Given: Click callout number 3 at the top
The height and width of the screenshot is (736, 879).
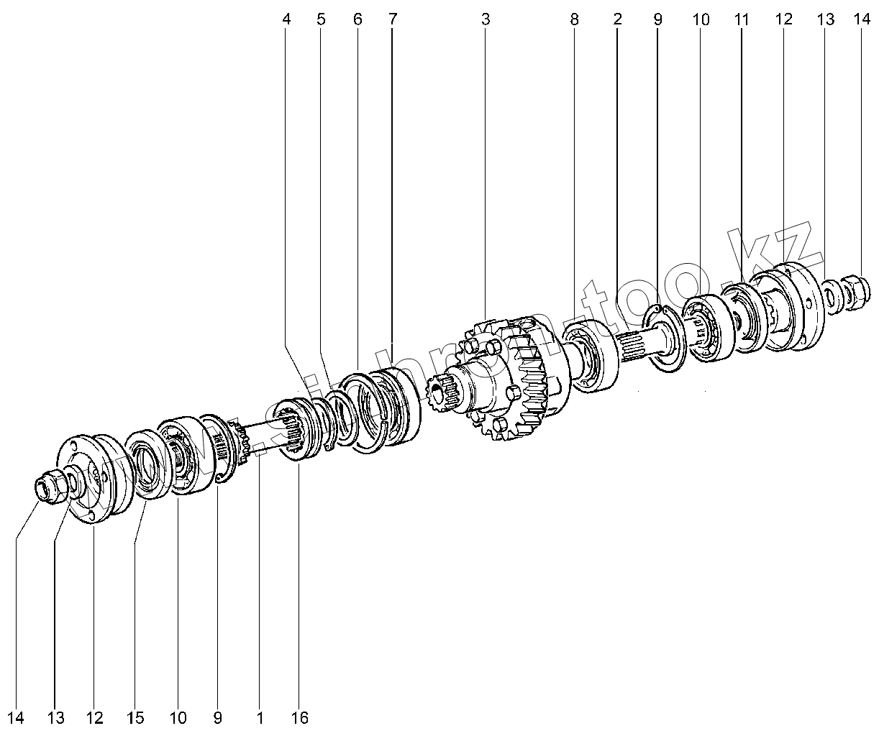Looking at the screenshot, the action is click(x=486, y=19).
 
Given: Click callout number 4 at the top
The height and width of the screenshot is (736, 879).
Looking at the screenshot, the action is click(x=286, y=19).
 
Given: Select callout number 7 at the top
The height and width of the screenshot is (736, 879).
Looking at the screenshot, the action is click(x=392, y=19).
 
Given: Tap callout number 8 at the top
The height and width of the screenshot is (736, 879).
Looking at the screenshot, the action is click(x=574, y=19).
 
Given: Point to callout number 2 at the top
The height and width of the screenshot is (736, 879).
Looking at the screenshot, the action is click(x=618, y=19).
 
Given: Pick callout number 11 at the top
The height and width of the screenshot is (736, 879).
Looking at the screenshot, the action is click(x=742, y=19).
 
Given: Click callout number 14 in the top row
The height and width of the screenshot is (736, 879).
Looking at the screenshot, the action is click(x=862, y=19).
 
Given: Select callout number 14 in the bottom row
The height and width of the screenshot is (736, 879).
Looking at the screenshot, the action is click(x=16, y=718).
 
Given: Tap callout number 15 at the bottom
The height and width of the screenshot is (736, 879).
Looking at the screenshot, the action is click(x=135, y=718).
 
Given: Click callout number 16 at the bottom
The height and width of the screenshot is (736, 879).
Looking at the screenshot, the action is click(x=300, y=718).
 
